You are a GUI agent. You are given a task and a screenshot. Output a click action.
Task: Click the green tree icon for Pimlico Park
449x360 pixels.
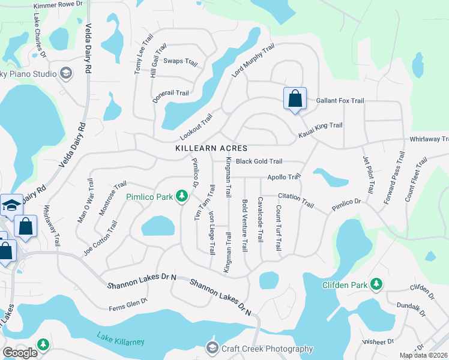(182, 197)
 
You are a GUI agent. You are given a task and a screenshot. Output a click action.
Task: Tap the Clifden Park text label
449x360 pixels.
(343, 284)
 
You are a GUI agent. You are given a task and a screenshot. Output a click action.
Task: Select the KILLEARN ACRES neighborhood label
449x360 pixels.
(211, 148)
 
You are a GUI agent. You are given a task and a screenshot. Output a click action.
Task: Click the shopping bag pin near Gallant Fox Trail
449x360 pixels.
(295, 98)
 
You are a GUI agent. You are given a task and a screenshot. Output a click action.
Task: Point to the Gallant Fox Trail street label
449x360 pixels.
(341, 101)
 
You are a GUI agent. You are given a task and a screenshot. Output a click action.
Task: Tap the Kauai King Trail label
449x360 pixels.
(320, 126)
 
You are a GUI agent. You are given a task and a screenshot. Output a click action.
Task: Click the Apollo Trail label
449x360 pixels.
(283, 177)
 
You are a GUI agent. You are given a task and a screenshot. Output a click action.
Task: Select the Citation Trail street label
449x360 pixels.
(296, 200)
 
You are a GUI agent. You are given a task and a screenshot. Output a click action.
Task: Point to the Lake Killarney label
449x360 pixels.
(122, 341)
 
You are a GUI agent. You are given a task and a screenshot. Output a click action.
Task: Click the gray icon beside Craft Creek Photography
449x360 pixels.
(211, 348)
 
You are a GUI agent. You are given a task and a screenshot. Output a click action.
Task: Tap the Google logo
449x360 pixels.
(20, 353)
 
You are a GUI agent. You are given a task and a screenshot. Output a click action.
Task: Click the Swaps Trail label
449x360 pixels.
(180, 61)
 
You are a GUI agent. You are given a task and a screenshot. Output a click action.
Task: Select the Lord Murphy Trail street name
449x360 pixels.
(253, 60)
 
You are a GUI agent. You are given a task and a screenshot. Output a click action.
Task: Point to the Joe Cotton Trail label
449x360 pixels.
(100, 239)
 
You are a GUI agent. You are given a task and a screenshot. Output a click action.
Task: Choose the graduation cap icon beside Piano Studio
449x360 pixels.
(65, 74)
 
